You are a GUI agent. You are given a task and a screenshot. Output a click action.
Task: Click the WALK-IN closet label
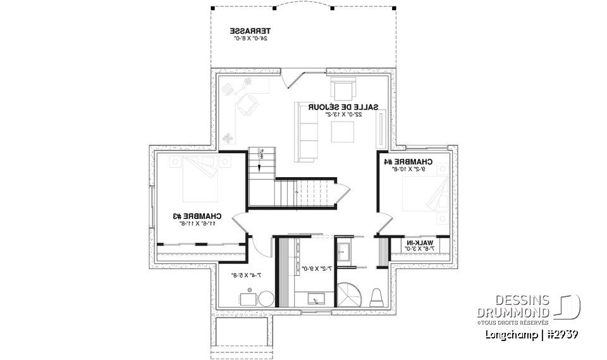(420, 243)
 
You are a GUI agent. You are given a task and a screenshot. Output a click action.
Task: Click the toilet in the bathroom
(376, 297)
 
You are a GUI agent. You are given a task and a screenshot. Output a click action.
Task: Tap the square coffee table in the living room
(344, 132)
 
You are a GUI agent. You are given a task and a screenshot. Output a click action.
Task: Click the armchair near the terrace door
(343, 88)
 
